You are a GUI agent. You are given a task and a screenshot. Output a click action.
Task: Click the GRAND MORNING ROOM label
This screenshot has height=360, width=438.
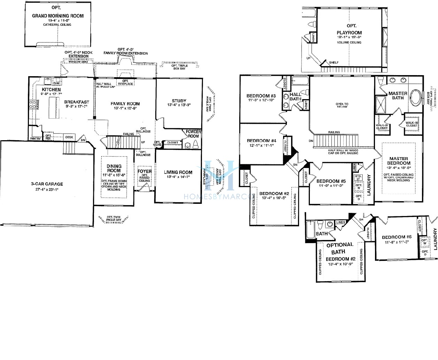[x=57, y=16]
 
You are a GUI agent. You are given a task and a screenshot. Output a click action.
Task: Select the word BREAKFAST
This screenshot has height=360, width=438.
[x=77, y=102]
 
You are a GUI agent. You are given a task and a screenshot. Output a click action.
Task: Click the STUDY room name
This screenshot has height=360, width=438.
[x=179, y=101]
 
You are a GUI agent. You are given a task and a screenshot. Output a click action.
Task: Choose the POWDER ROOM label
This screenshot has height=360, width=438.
[x=193, y=134]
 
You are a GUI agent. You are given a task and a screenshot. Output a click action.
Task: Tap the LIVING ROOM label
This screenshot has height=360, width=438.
[x=178, y=172]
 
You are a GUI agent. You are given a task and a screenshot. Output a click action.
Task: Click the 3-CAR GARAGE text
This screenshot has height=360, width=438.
[x=46, y=184]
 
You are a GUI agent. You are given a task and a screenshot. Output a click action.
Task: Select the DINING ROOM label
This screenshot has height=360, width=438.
[x=114, y=168]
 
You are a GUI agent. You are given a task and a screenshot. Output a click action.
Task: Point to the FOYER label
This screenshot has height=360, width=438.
[x=144, y=171]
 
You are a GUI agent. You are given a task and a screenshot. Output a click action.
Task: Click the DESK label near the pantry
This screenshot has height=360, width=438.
[x=69, y=137]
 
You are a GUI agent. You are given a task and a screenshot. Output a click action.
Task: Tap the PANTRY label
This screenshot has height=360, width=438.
[x=35, y=138]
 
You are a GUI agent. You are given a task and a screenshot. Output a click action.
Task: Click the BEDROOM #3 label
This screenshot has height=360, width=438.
[x=261, y=96]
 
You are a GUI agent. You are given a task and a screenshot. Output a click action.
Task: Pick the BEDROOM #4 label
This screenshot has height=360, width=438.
[x=261, y=141]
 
